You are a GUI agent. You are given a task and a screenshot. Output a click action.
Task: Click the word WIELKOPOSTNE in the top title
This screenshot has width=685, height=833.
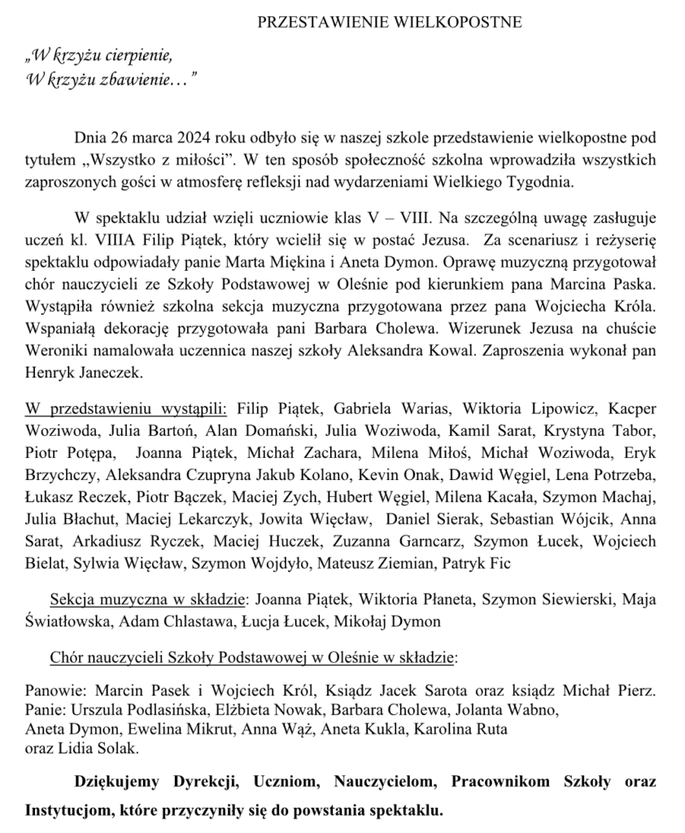coord(465,22)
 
